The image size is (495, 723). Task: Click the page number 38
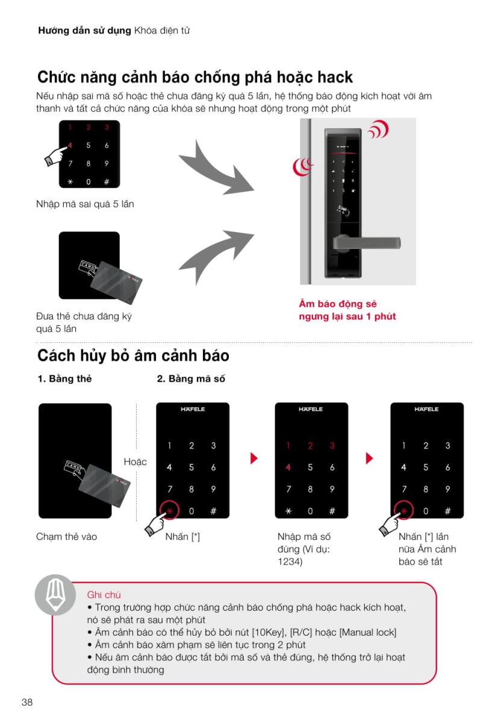27,702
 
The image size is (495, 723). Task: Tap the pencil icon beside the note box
55,595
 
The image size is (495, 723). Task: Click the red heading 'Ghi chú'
104,595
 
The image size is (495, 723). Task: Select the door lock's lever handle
367,242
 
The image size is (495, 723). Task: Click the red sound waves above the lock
379,129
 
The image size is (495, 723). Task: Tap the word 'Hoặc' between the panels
135,462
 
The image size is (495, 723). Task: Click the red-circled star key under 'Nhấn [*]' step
169,510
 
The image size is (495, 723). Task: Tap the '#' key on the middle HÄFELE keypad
332,511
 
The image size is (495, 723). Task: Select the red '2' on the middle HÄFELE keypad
310,446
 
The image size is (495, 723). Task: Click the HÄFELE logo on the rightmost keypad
426,409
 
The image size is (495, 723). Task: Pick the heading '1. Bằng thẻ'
64,378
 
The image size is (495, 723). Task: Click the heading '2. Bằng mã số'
191,378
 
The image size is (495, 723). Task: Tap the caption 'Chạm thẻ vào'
66,536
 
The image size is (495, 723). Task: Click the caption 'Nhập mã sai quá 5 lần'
85,204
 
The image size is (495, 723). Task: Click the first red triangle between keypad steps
254,458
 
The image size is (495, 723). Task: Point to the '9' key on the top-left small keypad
107,164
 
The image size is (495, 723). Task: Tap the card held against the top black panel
116,283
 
